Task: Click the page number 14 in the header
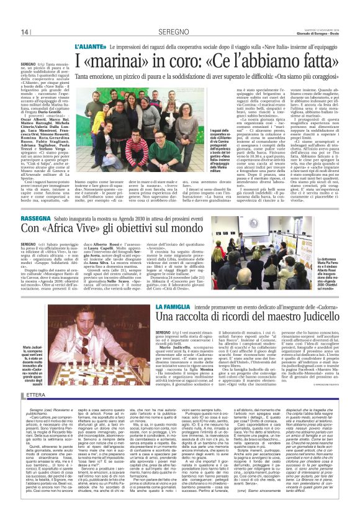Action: point(25,33)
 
